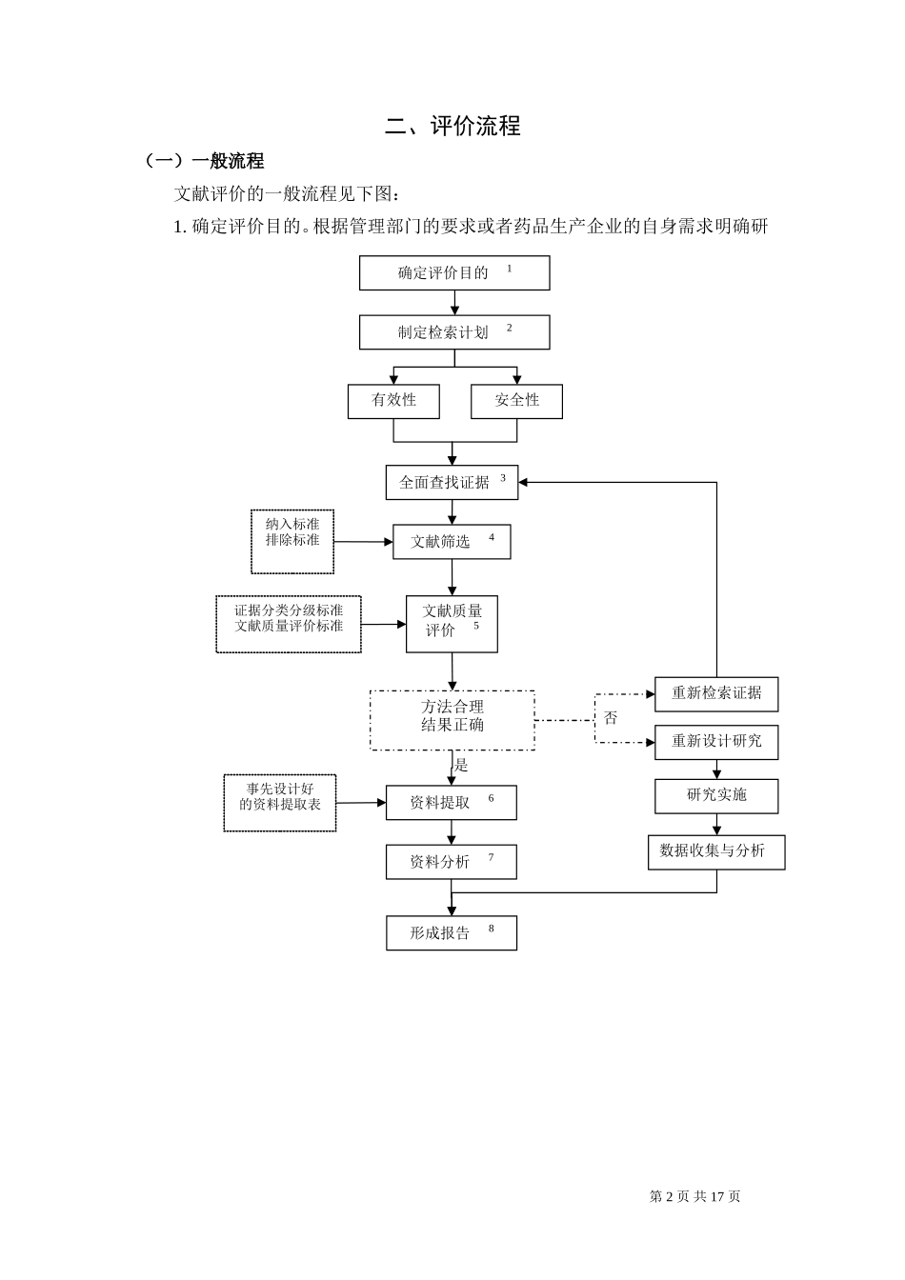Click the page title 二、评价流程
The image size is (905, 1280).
(452, 126)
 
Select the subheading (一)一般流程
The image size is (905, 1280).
(204, 161)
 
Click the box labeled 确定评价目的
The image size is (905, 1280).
(453, 273)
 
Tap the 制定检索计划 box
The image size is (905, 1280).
(453, 332)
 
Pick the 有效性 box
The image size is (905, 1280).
(393, 401)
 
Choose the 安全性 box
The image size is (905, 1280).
(516, 401)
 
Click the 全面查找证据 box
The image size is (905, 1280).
(452, 482)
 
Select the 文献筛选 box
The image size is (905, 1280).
(452, 541)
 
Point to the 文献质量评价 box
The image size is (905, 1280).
(452, 624)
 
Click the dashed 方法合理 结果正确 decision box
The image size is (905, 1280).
(452, 720)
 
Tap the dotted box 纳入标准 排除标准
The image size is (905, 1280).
(292, 541)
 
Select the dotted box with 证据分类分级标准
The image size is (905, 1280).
(289, 624)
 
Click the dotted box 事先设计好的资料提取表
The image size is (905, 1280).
(280, 802)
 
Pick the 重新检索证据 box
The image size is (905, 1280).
(715, 693)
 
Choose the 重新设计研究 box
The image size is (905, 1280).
(715, 742)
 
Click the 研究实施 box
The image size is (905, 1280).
(715, 796)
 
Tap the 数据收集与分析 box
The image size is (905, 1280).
(715, 851)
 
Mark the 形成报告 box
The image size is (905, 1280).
(451, 933)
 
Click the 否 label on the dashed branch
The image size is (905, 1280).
(611, 718)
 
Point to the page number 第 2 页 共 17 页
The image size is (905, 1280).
(694, 1196)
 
